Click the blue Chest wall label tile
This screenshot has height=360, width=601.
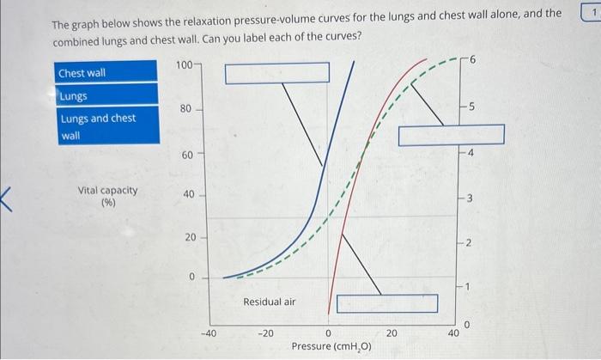106,72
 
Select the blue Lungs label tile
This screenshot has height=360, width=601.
106,95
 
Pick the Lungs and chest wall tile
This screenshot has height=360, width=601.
106,125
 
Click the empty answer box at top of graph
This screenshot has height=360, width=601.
276,73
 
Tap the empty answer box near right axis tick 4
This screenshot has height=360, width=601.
451,135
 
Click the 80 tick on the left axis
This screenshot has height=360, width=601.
186,110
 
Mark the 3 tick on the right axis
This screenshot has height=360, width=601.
471,200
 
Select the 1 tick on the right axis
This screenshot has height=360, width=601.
471,287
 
